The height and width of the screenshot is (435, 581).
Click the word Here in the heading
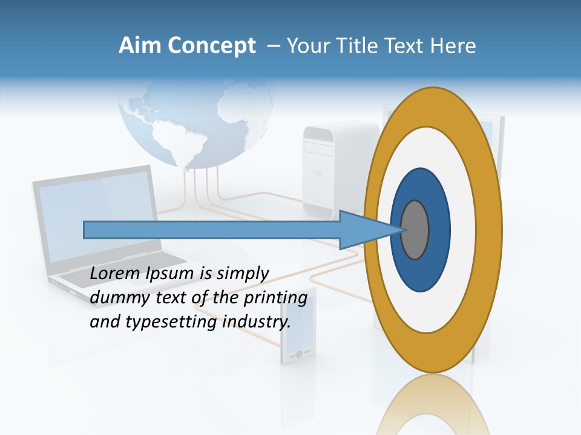(453, 46)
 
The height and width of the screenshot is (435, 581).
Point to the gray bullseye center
(415, 230)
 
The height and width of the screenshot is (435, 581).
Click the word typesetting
(171, 323)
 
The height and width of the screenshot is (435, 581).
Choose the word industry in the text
(257, 322)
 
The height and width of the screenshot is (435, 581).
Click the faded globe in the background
(194, 121)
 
